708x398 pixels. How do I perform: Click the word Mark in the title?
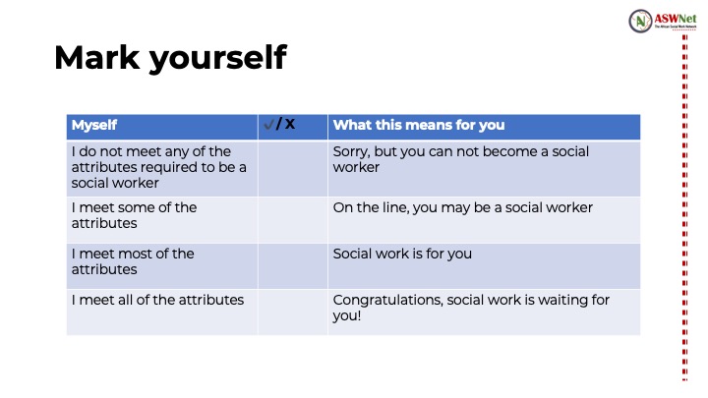[96, 57]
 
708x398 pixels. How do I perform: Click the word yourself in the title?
[218, 59]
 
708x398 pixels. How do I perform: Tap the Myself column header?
[94, 125]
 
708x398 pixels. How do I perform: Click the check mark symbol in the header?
[269, 124]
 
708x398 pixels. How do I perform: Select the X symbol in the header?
[290, 124]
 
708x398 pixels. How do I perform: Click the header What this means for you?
[419, 125]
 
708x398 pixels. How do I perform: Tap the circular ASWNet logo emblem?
[640, 21]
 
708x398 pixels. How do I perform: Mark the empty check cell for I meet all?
[293, 313]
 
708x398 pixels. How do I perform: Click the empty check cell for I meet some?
[293, 220]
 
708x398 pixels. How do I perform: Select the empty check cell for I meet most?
[293, 266]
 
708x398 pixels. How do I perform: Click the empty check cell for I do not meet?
[293, 169]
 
